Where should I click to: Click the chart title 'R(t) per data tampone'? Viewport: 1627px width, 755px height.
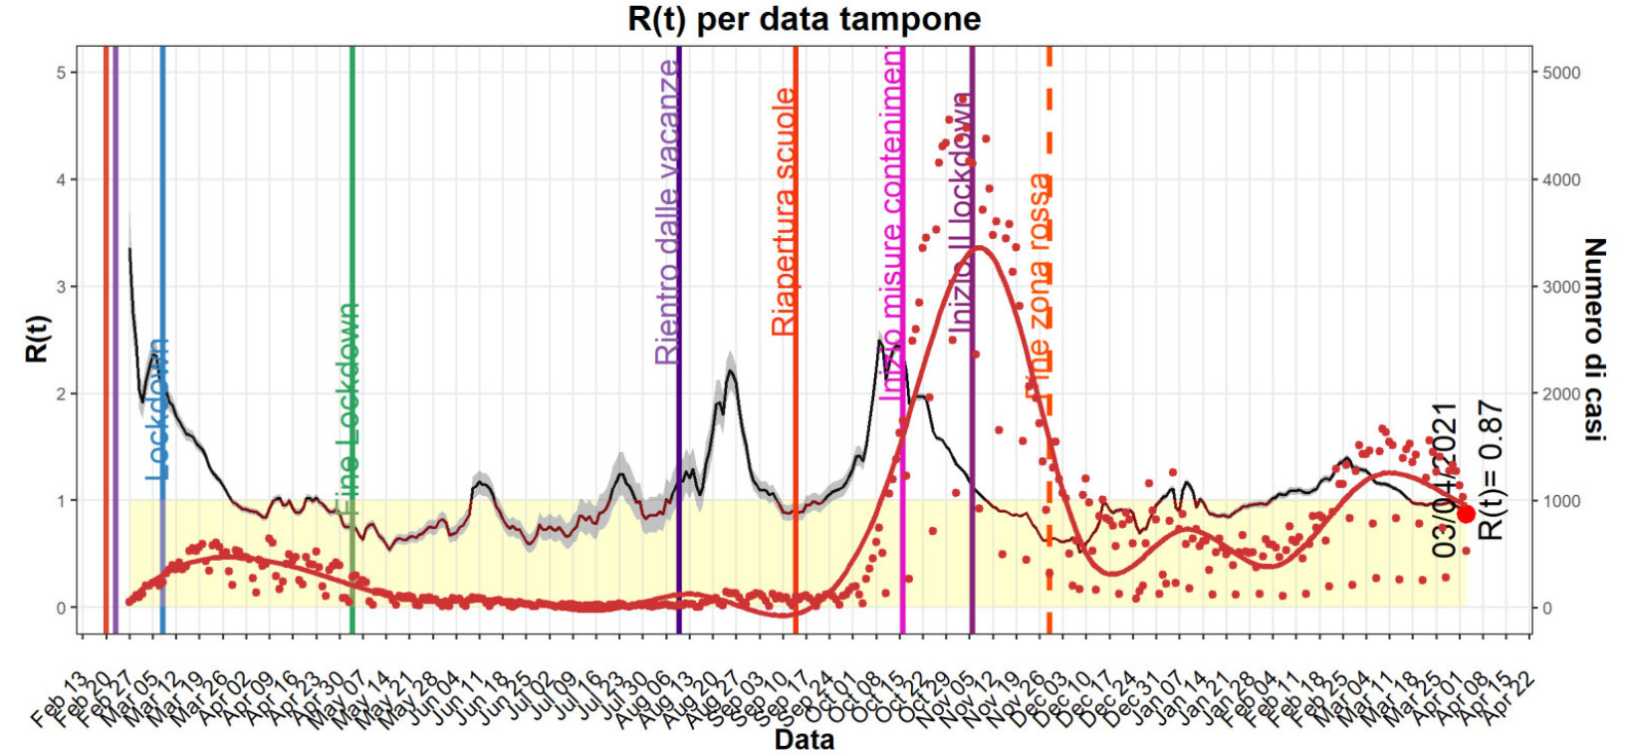point(804,19)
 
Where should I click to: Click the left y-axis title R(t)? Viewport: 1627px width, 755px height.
point(37,339)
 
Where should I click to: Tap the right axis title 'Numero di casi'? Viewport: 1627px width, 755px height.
point(1594,339)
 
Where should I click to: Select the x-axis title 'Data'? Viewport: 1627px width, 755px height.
point(804,740)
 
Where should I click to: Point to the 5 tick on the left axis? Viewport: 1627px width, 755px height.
point(61,73)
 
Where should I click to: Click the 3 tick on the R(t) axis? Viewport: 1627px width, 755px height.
point(61,287)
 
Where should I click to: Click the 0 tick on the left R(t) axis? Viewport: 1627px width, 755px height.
point(61,608)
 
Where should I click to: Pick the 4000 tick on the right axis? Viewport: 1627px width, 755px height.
point(1560,180)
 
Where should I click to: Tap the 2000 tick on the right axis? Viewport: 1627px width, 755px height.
point(1560,393)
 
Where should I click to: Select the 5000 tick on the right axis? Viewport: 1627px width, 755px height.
point(1560,73)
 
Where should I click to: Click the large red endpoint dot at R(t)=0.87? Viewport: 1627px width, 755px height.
point(1466,514)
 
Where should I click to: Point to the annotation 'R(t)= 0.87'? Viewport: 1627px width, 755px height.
point(1490,470)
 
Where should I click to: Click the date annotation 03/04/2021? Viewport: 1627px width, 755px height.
point(1445,480)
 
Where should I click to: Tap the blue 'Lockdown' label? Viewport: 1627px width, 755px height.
point(157,408)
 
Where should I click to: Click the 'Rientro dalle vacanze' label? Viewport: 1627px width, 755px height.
point(667,211)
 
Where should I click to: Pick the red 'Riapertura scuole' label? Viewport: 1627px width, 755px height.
point(785,211)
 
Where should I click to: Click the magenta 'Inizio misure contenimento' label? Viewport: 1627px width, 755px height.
point(894,224)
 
